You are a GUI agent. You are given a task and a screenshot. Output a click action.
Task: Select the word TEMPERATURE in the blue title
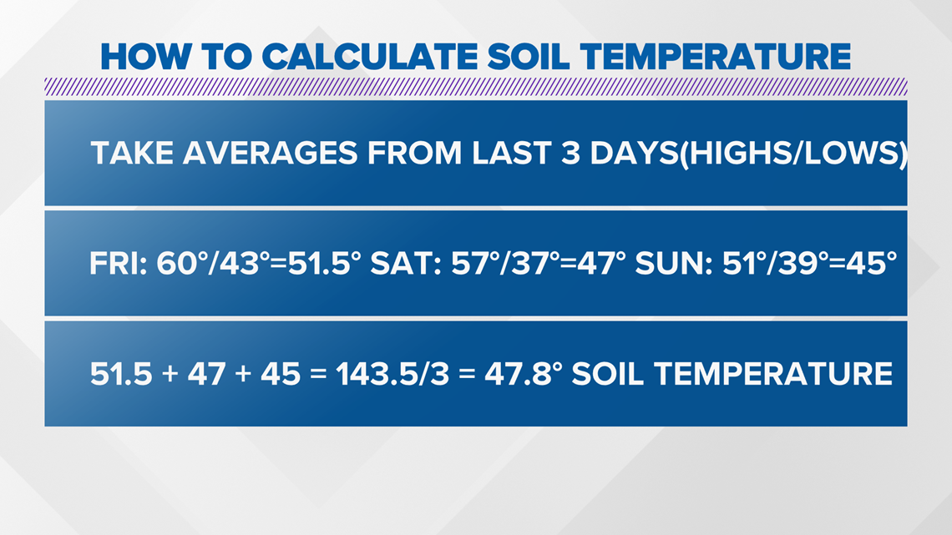click(715, 57)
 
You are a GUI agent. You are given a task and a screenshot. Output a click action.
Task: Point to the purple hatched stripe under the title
click(476, 87)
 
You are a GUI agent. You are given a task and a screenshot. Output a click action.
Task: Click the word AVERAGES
click(271, 153)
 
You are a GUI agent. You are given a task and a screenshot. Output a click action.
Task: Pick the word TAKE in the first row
click(131, 153)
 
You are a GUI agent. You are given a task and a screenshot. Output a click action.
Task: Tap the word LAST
click(512, 153)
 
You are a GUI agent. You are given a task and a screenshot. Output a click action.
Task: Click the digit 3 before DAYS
click(570, 153)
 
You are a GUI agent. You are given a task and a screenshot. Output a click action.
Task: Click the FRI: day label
click(119, 264)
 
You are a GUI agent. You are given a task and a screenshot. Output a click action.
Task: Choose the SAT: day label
click(406, 264)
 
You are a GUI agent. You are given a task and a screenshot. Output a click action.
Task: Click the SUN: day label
click(674, 264)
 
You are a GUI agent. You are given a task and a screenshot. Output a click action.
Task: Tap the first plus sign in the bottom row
click(170, 374)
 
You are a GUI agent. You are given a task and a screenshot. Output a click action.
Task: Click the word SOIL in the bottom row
click(608, 374)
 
